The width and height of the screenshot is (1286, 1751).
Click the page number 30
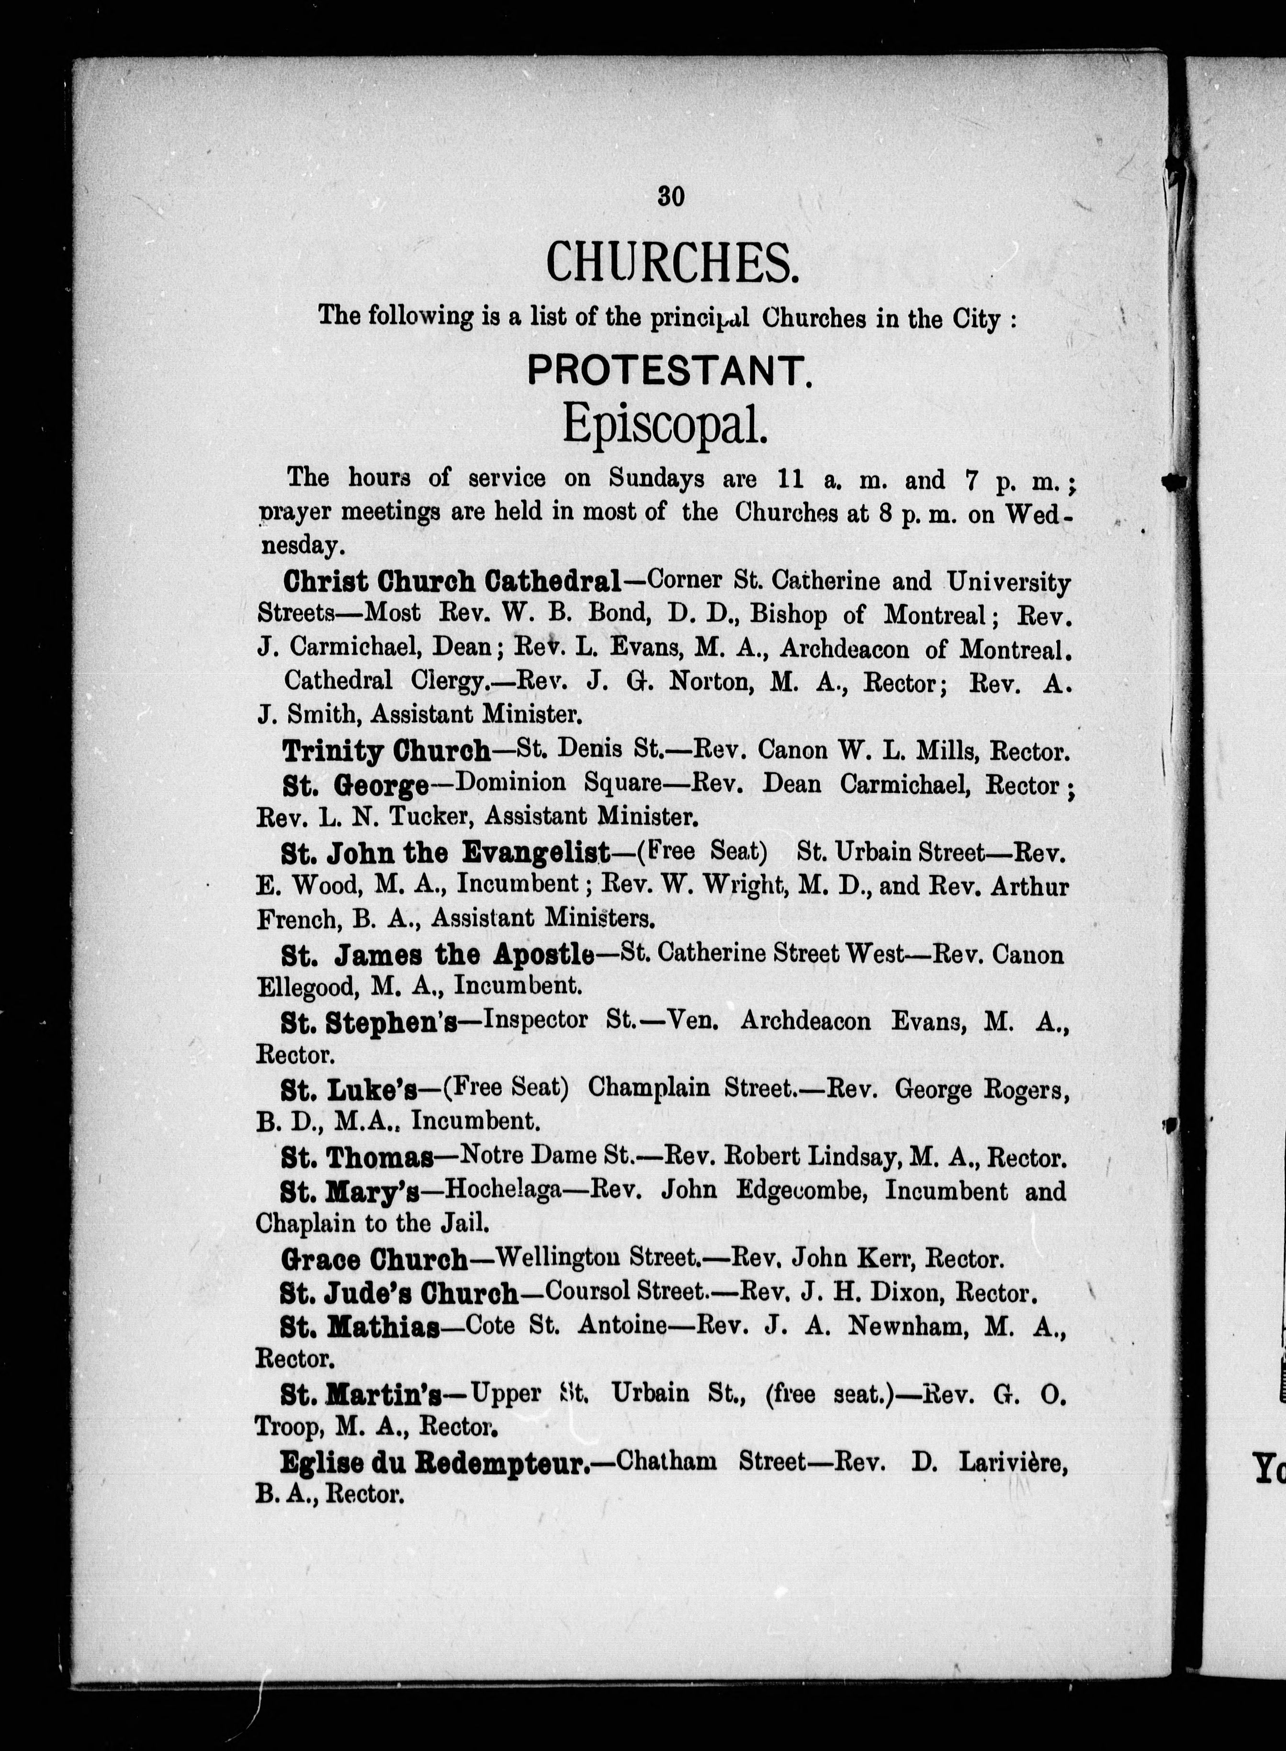[x=670, y=197]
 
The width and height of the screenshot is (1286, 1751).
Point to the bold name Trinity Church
[x=386, y=752]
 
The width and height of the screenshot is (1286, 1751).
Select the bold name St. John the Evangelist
[x=445, y=854]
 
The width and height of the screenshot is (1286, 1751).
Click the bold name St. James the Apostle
[x=438, y=955]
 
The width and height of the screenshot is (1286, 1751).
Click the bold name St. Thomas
[x=357, y=1159]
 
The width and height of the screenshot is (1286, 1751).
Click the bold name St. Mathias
[x=361, y=1328]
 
